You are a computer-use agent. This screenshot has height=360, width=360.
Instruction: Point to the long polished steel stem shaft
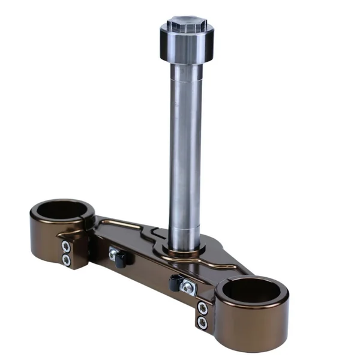click(x=185, y=150)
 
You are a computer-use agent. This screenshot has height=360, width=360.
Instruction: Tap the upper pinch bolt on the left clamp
click(x=66, y=246)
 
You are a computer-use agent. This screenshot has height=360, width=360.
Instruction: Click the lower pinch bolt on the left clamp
click(x=66, y=259)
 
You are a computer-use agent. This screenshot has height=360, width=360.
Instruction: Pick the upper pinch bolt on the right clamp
click(x=203, y=309)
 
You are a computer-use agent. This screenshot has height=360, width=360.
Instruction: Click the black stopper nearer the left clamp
click(x=122, y=260)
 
